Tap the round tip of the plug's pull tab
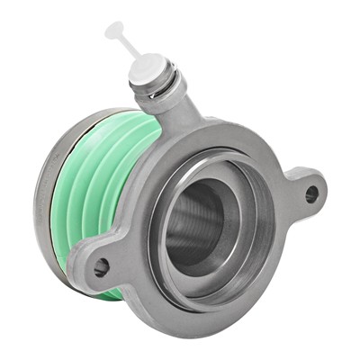point(114,30)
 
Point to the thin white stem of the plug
point(127,45)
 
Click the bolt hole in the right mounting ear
point(311,193)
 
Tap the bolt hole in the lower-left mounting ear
point(101,266)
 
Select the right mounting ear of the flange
point(301,189)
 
